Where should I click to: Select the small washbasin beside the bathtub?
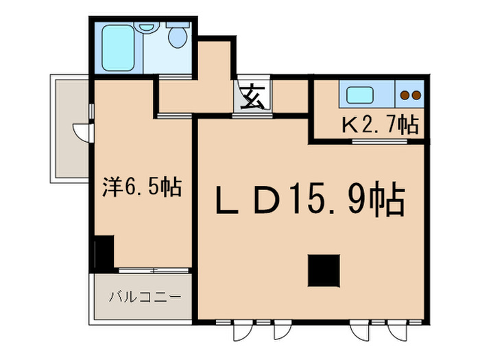pos(145,28)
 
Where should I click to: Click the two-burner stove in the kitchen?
pos(410,95)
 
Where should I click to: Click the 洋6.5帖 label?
pos(142,187)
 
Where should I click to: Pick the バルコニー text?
pos(145,298)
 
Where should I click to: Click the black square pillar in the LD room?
pos(324,270)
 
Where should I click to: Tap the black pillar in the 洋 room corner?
pos(104,252)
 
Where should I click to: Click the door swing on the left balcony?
pos(80,130)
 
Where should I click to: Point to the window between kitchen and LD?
pos(379,142)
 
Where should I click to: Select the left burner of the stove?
pos(405,95)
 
